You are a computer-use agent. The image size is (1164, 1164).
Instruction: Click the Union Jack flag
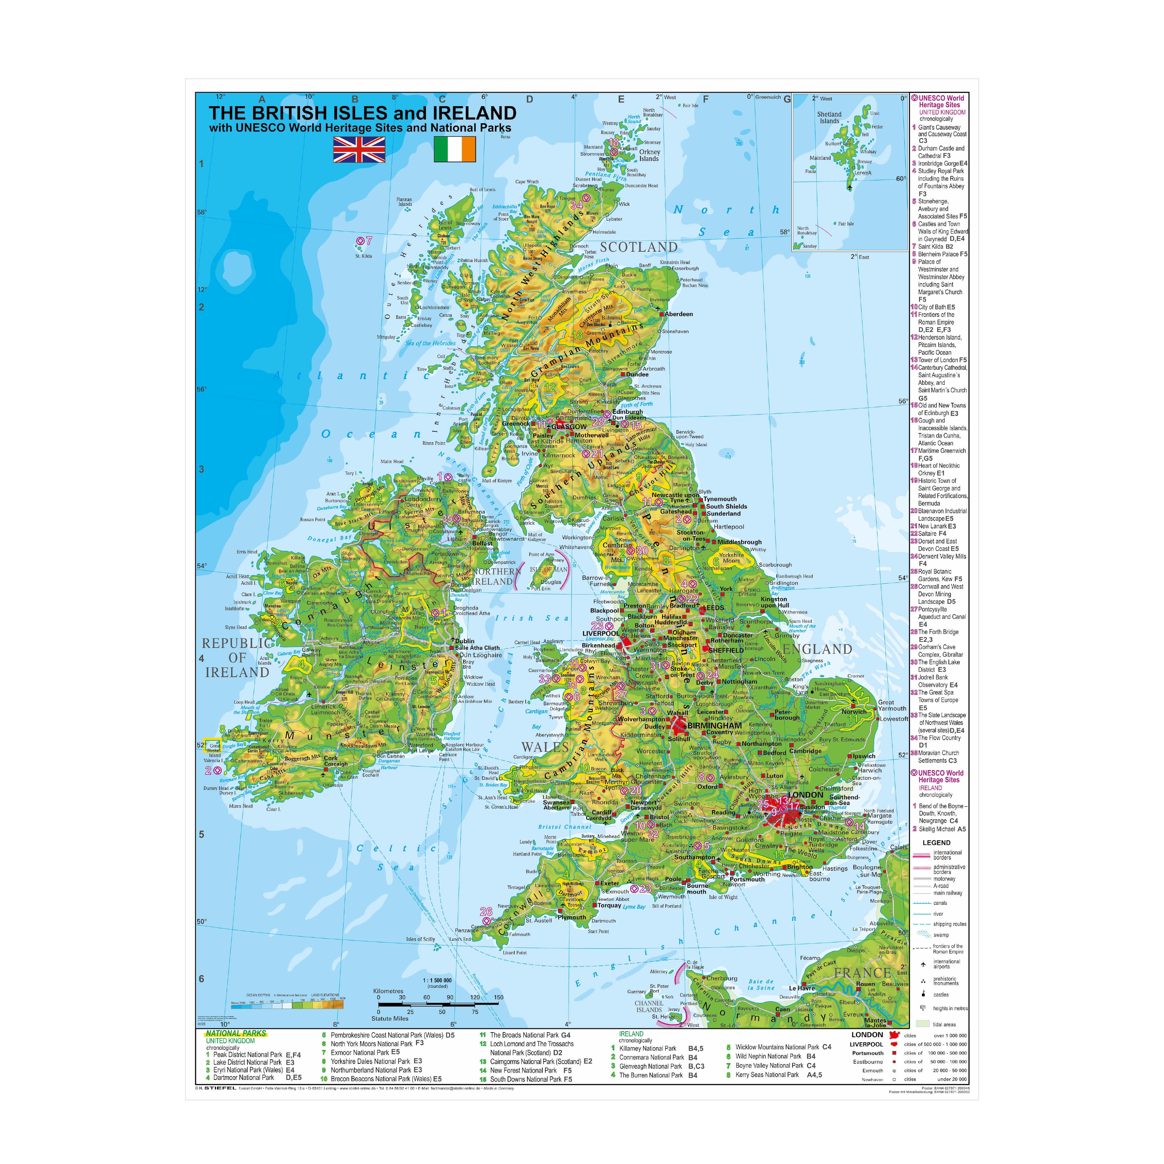(359, 150)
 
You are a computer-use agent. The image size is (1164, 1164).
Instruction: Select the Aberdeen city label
(679, 314)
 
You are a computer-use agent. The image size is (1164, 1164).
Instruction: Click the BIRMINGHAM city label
(715, 726)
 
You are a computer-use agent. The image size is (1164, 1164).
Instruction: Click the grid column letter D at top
(530, 100)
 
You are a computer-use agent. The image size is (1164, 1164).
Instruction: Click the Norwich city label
(854, 712)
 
